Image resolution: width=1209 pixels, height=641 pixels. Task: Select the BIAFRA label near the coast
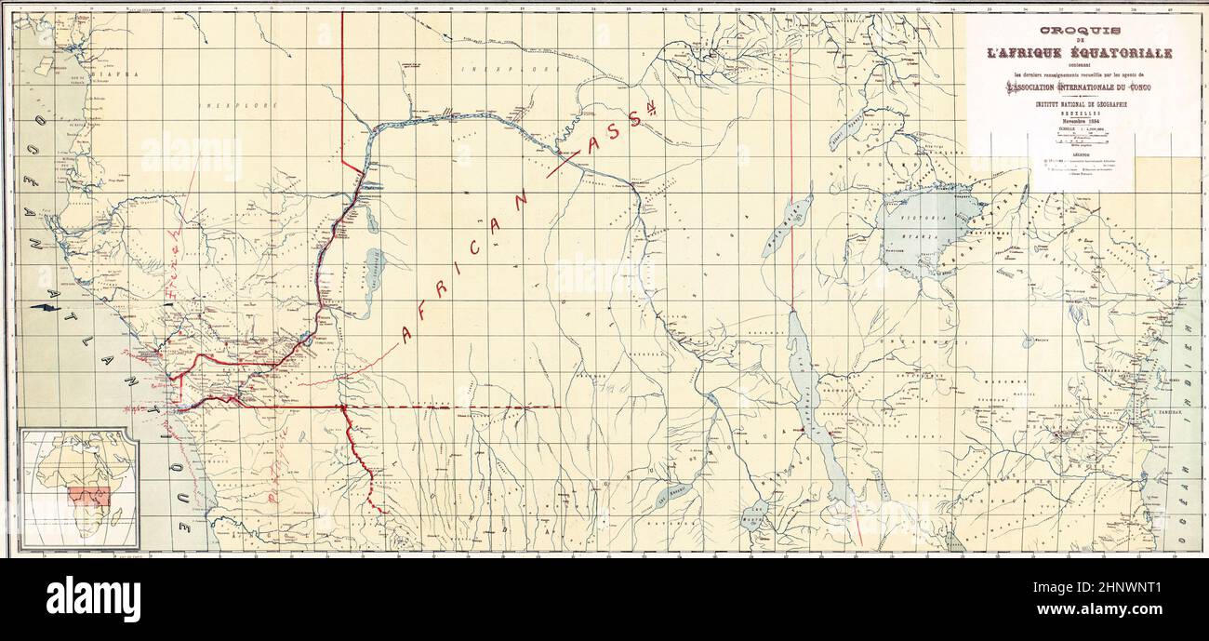point(120,73)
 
